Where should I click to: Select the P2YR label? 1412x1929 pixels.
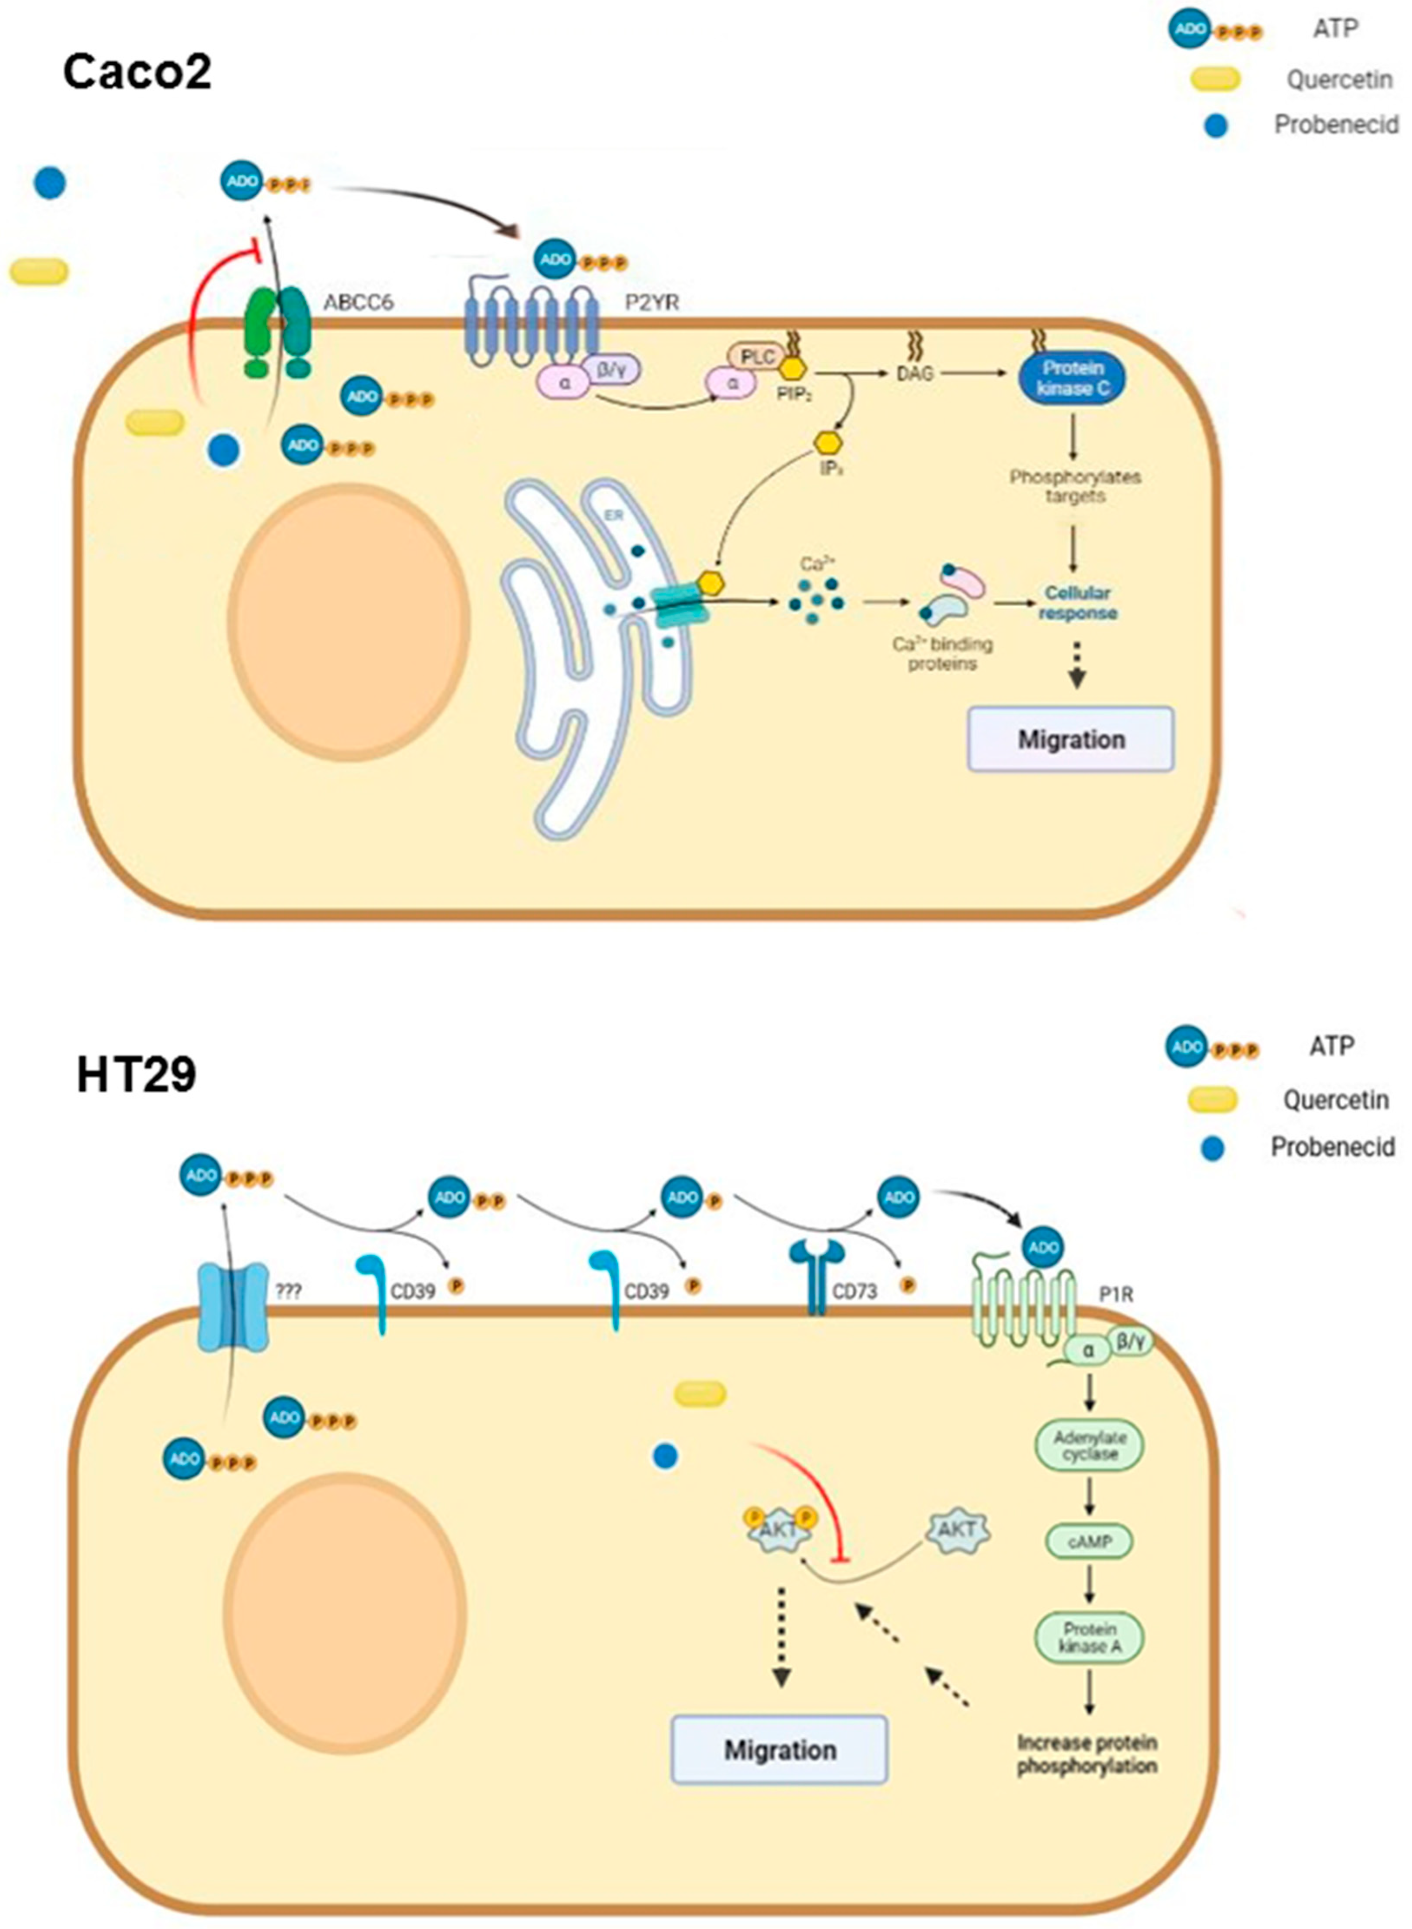pos(652,302)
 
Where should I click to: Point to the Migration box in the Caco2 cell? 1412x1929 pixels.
pos(1070,739)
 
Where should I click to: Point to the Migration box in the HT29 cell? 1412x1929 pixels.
pos(780,1749)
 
